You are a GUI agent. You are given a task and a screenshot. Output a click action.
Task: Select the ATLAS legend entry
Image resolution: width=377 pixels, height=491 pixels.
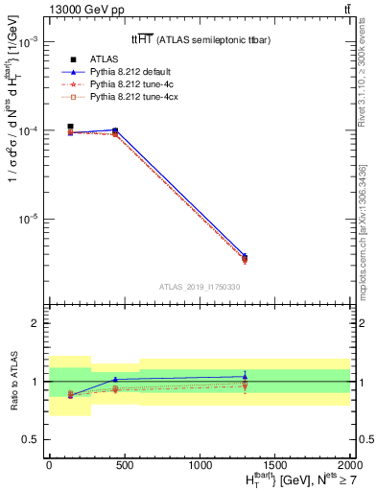coord(121,59)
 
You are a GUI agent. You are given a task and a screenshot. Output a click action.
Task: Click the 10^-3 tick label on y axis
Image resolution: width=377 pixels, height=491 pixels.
coord(29,42)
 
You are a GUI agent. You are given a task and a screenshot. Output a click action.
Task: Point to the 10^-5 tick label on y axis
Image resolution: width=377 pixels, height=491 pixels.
coord(29,219)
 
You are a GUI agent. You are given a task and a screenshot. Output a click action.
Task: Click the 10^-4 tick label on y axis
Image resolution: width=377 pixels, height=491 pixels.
coord(29,130)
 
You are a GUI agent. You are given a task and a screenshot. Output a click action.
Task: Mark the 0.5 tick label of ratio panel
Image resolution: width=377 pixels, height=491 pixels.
coord(32,439)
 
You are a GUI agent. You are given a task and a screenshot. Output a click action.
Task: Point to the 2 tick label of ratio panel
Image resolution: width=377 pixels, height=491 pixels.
coord(35,323)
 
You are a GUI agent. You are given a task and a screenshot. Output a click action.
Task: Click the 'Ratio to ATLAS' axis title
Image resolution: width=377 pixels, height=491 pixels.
coord(12,381)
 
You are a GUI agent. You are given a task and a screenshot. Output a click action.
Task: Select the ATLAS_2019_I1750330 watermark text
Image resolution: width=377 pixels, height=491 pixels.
coord(200,287)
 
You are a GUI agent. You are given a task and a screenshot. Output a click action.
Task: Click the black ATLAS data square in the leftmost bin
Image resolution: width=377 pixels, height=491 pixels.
coord(70,127)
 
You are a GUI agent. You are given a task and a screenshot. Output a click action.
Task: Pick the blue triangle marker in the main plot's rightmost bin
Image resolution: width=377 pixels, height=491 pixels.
coord(245,256)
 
